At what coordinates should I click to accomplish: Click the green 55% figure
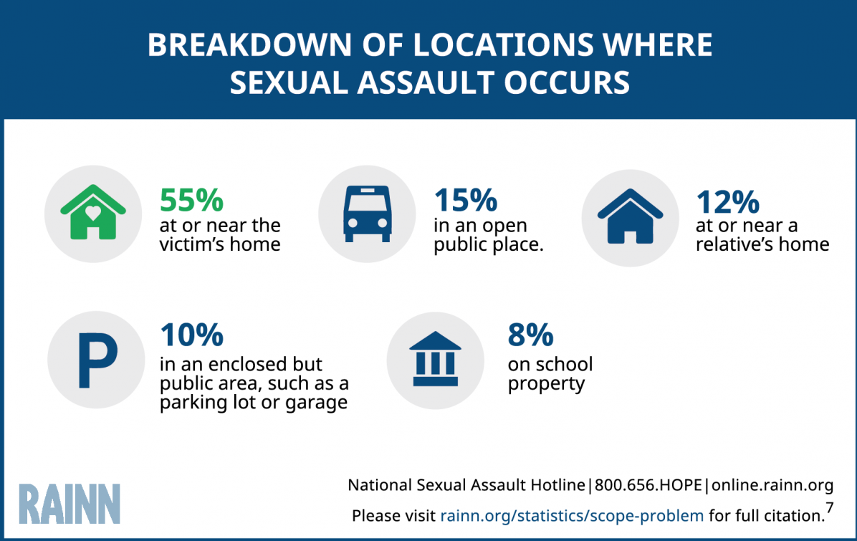[191, 200]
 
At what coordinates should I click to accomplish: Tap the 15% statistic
[466, 200]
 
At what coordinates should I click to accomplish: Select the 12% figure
[727, 202]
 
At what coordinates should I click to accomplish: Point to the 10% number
[192, 335]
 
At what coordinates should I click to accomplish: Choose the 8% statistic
[530, 335]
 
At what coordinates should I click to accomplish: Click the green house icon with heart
[93, 212]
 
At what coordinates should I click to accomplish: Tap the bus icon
[368, 214]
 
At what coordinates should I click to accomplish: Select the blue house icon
[630, 216]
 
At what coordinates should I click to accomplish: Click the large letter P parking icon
[97, 360]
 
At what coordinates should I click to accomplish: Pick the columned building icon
[435, 358]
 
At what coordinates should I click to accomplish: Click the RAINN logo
[70, 504]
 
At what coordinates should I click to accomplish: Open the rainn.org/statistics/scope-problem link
[572, 515]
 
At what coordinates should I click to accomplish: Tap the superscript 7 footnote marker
[830, 507]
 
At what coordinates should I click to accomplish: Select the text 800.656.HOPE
[648, 484]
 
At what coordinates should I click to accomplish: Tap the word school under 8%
[565, 364]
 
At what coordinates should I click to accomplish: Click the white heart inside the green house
[93, 212]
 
